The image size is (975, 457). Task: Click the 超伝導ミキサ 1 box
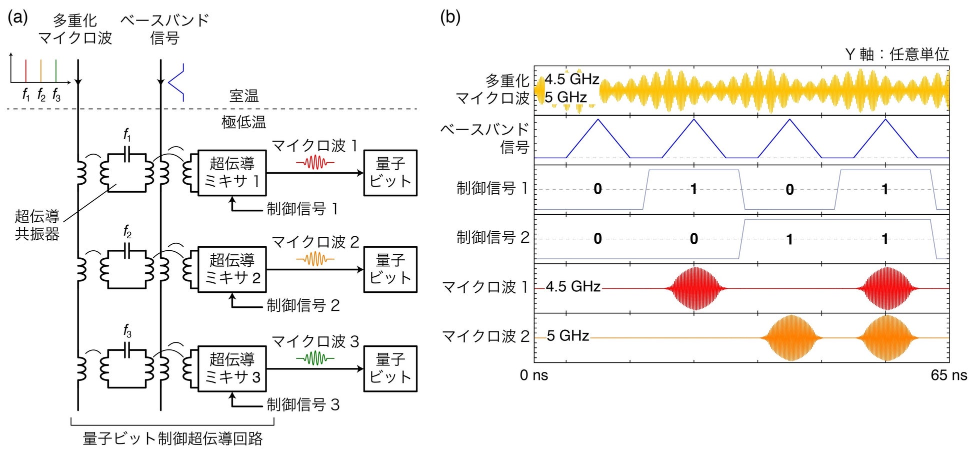[x=232, y=172]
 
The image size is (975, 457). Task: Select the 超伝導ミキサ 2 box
[x=232, y=269]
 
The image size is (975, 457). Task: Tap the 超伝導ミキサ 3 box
[x=232, y=368]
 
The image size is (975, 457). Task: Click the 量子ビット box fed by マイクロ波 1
[x=390, y=172]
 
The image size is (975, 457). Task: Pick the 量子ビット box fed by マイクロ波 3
[x=390, y=368]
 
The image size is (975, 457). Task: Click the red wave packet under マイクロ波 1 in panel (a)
[x=315, y=163]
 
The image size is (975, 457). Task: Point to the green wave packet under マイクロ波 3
[x=315, y=358]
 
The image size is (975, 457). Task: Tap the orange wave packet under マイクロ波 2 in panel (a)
[x=315, y=259]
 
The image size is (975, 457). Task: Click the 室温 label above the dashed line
[x=244, y=96]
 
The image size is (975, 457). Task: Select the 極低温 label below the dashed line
[x=244, y=122]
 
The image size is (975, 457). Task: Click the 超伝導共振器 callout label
[x=37, y=225]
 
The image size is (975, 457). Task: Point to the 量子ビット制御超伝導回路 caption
[x=172, y=438]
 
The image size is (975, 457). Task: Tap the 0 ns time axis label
[x=534, y=375]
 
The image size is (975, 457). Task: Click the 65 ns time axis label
[x=948, y=375]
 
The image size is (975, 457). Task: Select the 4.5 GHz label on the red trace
[x=573, y=286]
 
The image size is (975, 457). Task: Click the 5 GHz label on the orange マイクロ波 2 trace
[x=567, y=335]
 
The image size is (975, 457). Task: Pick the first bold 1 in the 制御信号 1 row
[x=693, y=189]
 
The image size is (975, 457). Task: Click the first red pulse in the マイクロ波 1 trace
[x=695, y=289]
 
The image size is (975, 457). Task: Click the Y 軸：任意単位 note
[x=896, y=54]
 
